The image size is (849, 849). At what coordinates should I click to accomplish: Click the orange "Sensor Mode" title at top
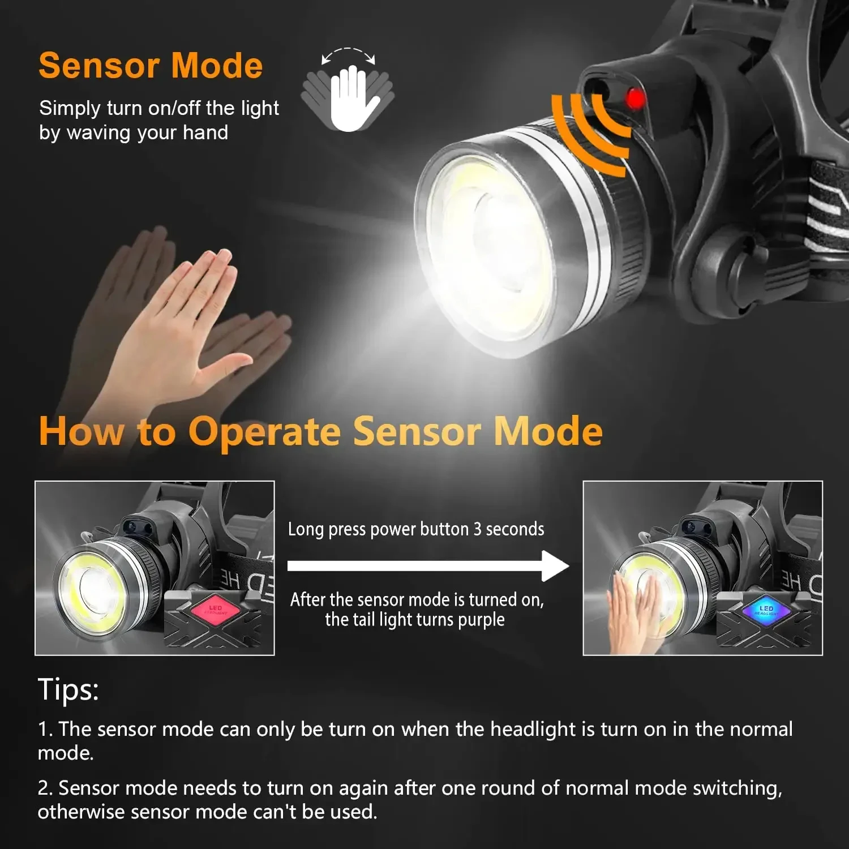pyautogui.click(x=151, y=66)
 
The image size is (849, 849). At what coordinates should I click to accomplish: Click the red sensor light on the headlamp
pyautogui.click(x=635, y=99)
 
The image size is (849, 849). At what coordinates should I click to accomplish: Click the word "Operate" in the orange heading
pyautogui.click(x=264, y=432)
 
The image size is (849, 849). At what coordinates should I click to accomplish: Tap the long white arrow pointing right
pyautogui.click(x=427, y=565)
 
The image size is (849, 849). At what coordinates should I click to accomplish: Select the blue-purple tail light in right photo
pyautogui.click(x=766, y=610)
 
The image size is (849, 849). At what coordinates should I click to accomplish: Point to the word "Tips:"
pyautogui.click(x=68, y=689)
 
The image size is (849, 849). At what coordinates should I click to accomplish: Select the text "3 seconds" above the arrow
pyautogui.click(x=508, y=529)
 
